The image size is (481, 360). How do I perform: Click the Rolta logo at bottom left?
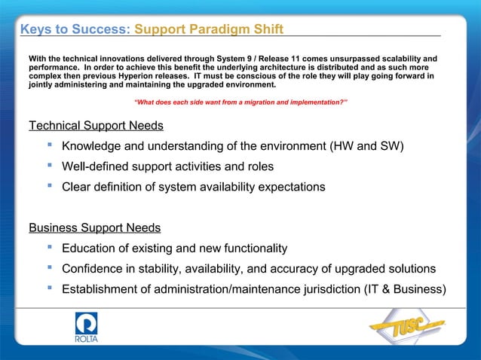[86, 328]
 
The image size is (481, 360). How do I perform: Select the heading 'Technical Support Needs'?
[96, 125]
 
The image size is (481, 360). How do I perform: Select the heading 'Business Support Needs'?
[94, 227]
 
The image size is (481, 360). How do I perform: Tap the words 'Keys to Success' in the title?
[73, 29]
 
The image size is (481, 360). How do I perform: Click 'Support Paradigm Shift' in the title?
[209, 29]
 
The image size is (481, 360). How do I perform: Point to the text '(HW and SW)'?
[367, 146]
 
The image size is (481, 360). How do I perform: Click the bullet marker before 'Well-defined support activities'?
[49, 166]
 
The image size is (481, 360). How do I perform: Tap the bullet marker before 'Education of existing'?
[49, 248]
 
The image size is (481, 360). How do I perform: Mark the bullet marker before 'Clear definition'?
[49, 186]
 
